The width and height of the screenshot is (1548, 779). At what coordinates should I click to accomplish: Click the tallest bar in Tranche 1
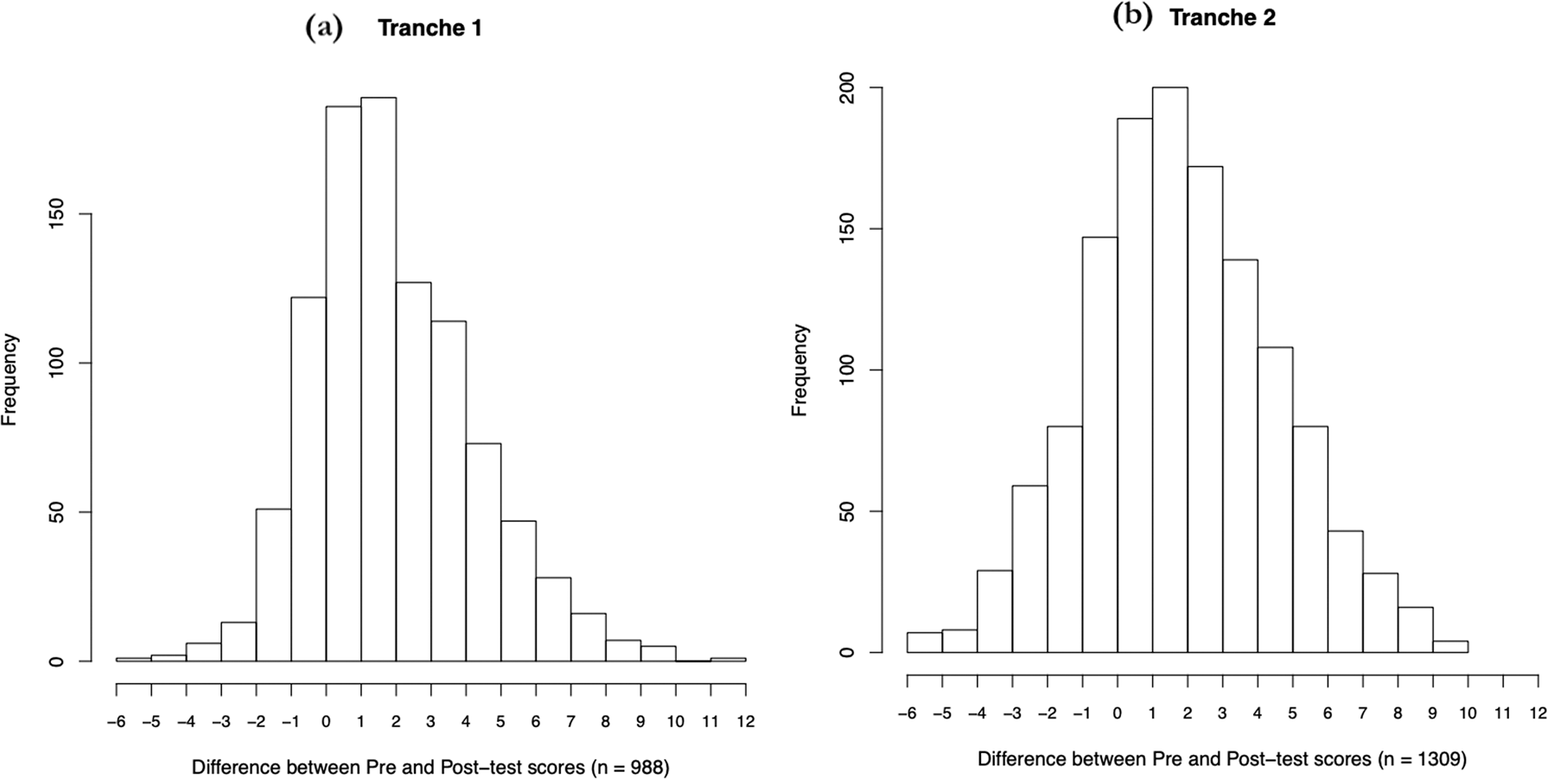pos(379,380)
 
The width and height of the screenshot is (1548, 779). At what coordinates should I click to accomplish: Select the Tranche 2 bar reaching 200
pos(1169,371)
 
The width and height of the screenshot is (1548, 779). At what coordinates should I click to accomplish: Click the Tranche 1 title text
pos(430,28)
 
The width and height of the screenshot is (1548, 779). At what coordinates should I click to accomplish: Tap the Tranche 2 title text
pos(1222,18)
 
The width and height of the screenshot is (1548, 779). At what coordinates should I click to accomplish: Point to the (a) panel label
pos(324,28)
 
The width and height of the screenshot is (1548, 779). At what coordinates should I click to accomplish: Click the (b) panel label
pos(1132,17)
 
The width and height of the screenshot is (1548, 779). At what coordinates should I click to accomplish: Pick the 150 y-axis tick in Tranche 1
pos(57,214)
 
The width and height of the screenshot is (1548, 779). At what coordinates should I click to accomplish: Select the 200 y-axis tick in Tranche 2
pos(849,88)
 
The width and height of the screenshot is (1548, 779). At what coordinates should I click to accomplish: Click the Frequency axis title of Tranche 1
pos(10,380)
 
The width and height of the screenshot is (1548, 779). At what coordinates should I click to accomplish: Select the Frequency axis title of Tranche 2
pos(799,370)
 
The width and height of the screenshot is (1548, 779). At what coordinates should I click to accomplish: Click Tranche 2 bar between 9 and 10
pos(1450,646)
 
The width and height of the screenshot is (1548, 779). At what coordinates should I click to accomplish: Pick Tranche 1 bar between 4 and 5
pos(483,553)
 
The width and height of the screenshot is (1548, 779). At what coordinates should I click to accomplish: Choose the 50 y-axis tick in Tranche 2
pos(849,511)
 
